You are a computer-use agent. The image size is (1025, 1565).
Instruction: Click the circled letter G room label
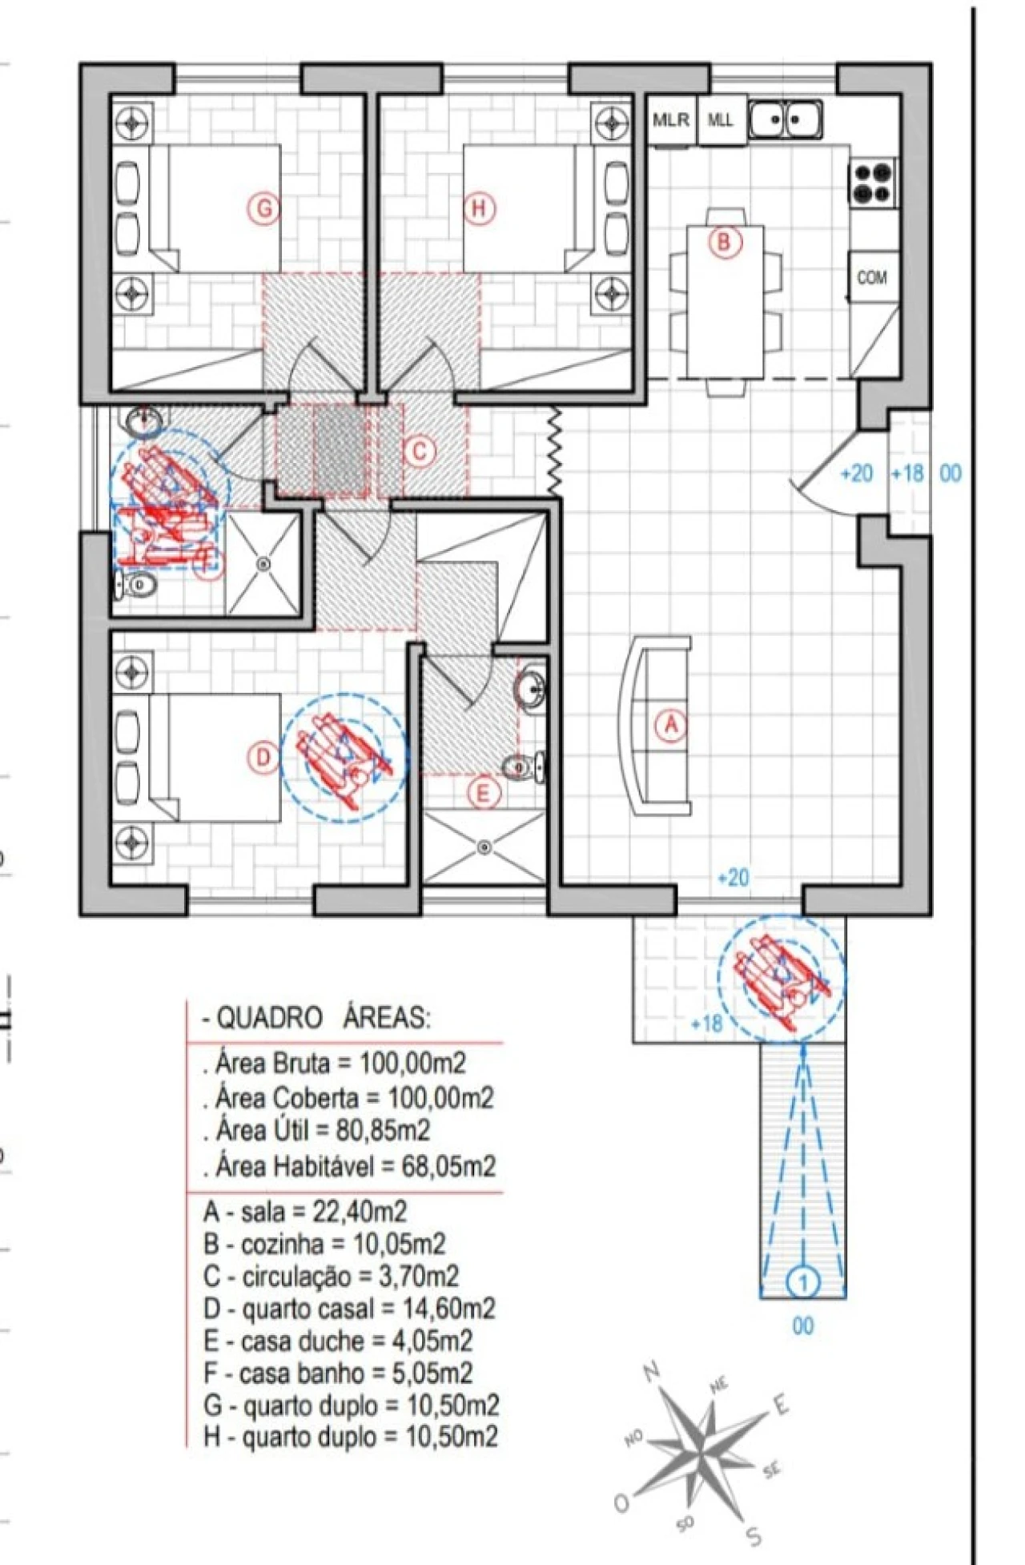[x=263, y=209]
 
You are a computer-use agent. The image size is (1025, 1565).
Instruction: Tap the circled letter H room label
[x=479, y=209]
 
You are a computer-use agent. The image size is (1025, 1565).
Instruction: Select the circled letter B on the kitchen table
[x=723, y=241]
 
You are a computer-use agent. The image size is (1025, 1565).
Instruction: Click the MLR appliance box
[x=671, y=120]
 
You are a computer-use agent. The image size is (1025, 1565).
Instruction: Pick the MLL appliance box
[x=721, y=120]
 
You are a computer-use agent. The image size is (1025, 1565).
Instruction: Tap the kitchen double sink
[x=786, y=119]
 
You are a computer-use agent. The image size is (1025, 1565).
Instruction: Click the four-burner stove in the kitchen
[x=872, y=183]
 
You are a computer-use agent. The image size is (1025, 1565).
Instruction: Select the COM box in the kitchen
[x=873, y=277]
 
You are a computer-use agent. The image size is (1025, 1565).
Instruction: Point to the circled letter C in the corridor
[x=420, y=452]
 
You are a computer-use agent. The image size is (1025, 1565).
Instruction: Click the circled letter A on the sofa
[x=671, y=725]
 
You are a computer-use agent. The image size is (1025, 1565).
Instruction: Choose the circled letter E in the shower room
[x=482, y=794]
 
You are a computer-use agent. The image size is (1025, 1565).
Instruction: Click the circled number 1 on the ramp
[x=802, y=1282]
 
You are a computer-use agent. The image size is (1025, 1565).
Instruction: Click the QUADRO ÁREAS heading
[x=316, y=1018]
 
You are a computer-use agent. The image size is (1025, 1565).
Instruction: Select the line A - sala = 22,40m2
[x=305, y=1211]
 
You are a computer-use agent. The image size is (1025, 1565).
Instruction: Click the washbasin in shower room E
[x=530, y=687]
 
